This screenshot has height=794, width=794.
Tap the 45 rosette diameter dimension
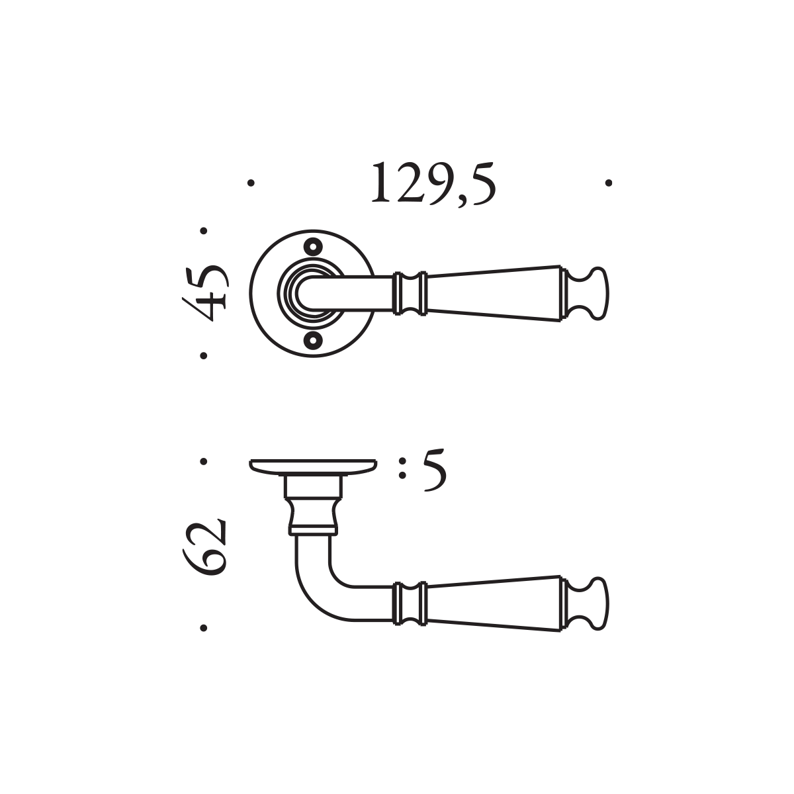point(204,293)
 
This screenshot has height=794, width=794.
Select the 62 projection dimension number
point(204,547)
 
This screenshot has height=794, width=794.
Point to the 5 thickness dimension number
point(435,470)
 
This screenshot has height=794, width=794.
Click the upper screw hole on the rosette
point(313,247)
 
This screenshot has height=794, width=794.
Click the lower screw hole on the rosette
point(313,340)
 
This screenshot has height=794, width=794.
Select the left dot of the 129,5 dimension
point(251,183)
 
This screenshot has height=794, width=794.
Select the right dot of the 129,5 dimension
point(609,183)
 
